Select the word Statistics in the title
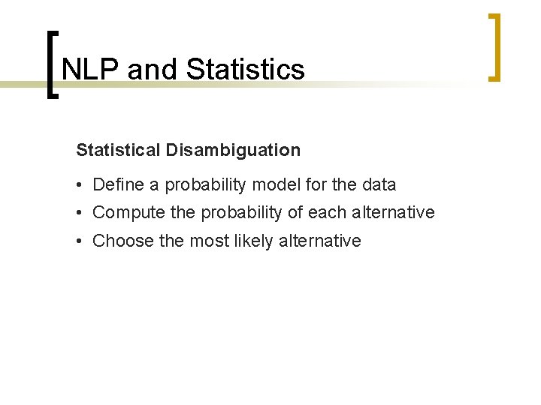point(245,69)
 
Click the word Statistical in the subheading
point(118,150)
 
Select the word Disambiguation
point(233,150)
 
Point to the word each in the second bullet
point(328,212)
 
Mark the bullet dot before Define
point(80,185)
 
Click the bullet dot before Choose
point(80,241)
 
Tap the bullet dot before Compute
point(80,213)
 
